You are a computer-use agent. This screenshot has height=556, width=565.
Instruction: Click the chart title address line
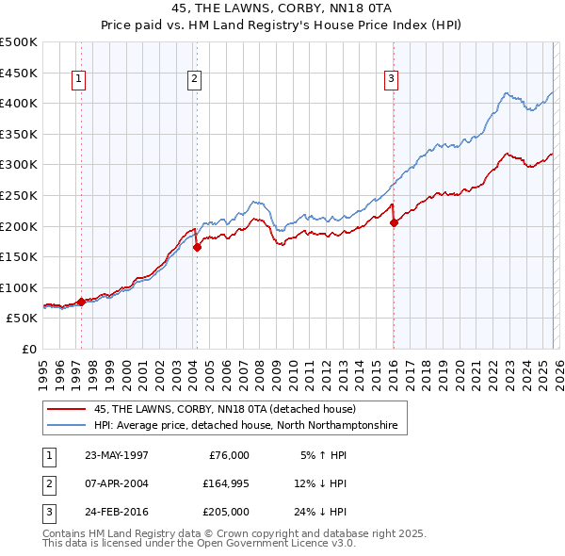coord(282,8)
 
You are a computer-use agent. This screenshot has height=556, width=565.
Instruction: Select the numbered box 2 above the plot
coord(194,80)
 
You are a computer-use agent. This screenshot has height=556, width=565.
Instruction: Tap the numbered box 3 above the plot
coord(390,80)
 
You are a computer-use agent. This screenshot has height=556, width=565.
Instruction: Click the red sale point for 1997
coord(82,302)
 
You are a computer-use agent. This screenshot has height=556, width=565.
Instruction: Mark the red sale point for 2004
coord(197,248)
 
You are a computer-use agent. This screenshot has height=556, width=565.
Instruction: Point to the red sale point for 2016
coord(394,223)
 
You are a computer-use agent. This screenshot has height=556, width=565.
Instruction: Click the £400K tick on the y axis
coord(19,103)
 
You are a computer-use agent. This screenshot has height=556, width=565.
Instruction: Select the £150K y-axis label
coord(19,256)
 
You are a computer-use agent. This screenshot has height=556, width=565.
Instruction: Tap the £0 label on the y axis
coord(30,349)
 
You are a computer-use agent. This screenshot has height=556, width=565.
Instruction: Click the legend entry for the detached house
coord(224,409)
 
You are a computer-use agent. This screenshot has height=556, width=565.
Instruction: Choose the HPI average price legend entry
coord(245,426)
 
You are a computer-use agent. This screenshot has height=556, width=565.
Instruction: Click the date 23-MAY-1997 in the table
coord(116,455)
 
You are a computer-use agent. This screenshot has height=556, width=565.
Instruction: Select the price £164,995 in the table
coord(225,483)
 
